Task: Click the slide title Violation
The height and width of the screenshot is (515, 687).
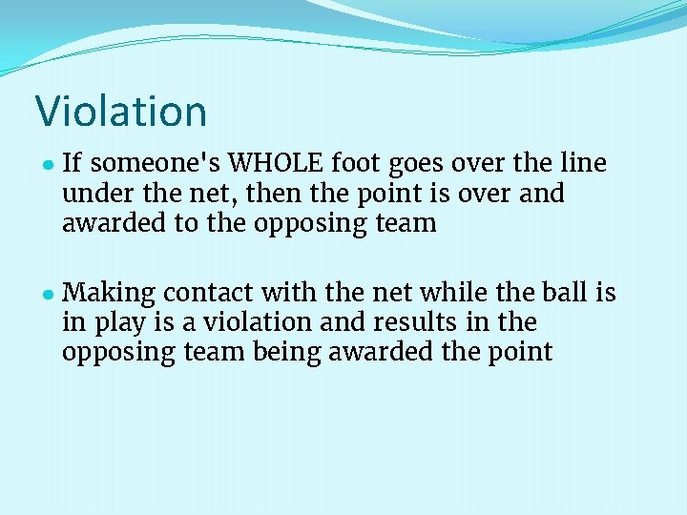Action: (121, 111)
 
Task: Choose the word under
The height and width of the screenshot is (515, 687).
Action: (94, 194)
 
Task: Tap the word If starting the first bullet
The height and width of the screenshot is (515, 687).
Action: (73, 164)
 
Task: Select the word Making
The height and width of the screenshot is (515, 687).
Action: (110, 292)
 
